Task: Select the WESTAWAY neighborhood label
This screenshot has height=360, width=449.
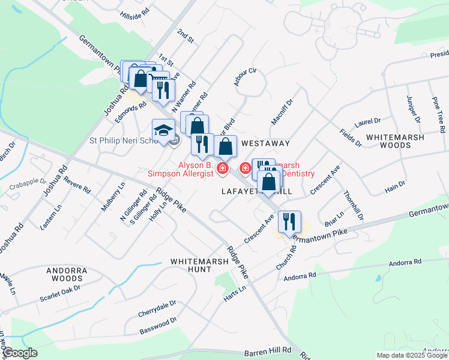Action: [x=265, y=144]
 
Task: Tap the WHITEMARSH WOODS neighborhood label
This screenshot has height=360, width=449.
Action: [x=396, y=141]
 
